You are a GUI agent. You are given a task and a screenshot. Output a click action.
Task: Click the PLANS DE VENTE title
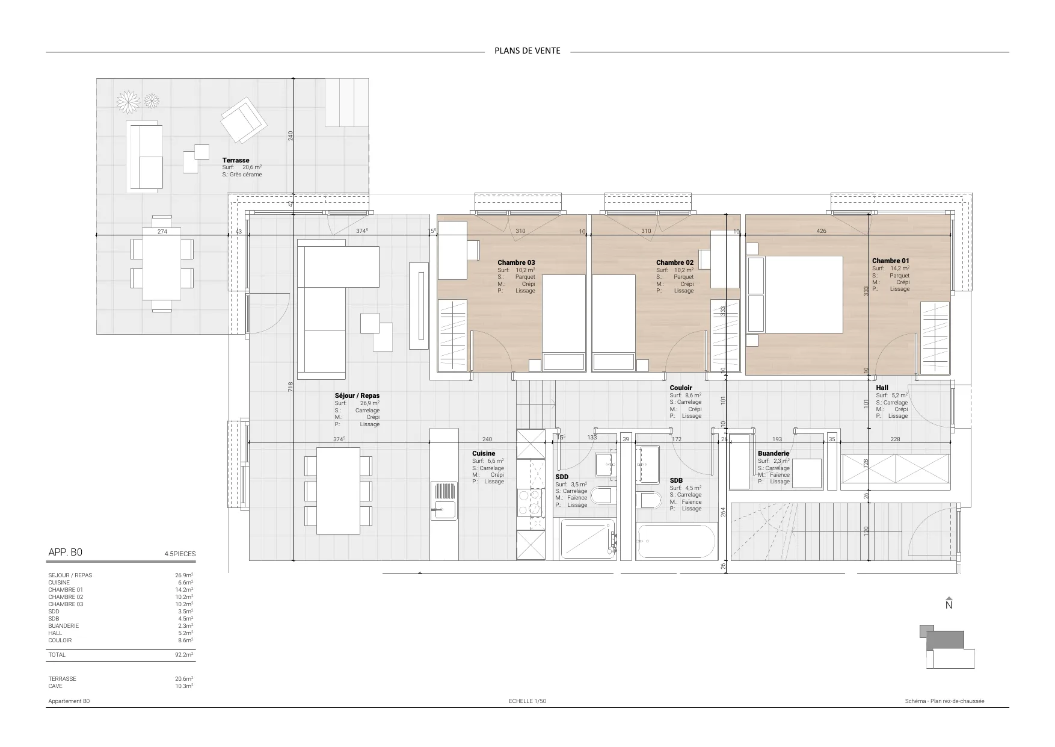(x=527, y=51)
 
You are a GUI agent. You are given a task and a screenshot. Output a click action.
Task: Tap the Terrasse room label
(x=236, y=161)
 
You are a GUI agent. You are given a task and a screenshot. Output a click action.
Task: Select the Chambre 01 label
(x=891, y=261)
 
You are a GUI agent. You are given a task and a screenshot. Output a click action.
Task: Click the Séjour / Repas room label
(x=357, y=396)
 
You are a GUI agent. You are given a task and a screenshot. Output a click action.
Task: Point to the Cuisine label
(x=484, y=454)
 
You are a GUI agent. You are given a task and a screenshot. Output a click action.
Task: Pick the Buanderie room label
(x=774, y=454)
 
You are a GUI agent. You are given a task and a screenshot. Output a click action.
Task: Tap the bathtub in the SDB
(x=677, y=541)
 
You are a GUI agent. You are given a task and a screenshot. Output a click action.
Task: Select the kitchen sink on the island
(x=444, y=501)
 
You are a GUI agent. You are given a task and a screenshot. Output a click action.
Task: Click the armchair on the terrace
(x=244, y=120)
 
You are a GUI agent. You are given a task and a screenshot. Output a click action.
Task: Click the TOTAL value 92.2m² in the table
(x=184, y=655)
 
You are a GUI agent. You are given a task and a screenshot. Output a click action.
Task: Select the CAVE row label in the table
(x=55, y=686)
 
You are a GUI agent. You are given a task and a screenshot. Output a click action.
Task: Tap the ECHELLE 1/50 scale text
(x=527, y=701)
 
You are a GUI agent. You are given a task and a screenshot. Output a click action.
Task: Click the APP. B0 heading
(x=65, y=553)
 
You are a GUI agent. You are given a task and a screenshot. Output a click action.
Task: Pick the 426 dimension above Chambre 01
(x=821, y=231)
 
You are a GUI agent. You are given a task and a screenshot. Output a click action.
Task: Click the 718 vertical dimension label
(x=290, y=386)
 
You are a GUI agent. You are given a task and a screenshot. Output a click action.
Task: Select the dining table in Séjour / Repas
(x=338, y=491)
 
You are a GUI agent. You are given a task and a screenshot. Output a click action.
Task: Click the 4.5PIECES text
(x=180, y=554)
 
